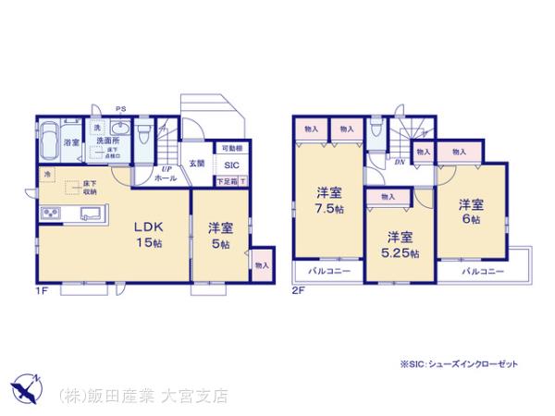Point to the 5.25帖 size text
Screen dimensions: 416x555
(x=400, y=252)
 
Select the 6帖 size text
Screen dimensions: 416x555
(x=472, y=220)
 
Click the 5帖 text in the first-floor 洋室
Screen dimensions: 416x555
(x=220, y=245)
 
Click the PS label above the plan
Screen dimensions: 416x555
(x=120, y=109)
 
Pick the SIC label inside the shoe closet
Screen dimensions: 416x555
(x=230, y=165)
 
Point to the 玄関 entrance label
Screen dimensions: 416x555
(x=197, y=164)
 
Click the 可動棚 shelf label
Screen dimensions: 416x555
(x=232, y=149)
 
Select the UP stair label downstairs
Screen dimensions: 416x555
(x=167, y=169)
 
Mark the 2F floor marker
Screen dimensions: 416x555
(x=298, y=292)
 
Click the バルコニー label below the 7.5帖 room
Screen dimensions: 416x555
(x=322, y=272)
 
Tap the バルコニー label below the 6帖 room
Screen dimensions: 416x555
(x=483, y=272)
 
